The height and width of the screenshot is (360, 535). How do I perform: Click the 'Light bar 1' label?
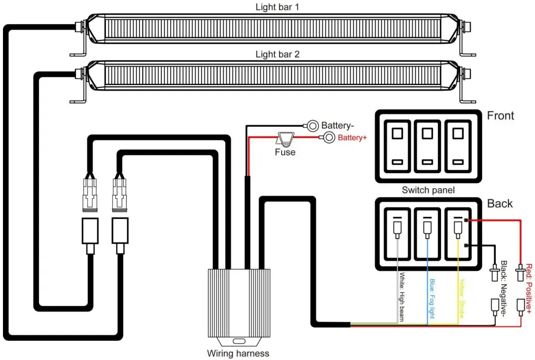click(x=277, y=7)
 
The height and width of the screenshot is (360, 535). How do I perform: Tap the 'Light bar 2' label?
click(x=277, y=54)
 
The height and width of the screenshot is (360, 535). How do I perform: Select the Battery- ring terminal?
click(x=312, y=126)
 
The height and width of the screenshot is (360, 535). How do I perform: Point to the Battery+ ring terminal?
click(x=328, y=138)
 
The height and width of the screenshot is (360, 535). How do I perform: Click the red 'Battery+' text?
click(x=352, y=138)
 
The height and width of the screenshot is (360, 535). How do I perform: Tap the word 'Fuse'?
click(x=285, y=152)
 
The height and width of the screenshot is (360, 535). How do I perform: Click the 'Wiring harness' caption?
click(x=238, y=354)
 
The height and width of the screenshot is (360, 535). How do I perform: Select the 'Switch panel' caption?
click(x=428, y=190)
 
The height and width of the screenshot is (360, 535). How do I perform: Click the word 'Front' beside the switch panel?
click(x=500, y=116)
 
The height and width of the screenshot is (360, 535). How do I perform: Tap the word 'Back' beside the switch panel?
click(x=500, y=204)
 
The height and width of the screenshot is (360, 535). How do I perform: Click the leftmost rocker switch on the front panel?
click(x=397, y=147)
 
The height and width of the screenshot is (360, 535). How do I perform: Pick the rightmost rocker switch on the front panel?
click(x=458, y=147)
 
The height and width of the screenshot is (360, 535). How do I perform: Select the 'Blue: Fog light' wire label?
click(x=432, y=299)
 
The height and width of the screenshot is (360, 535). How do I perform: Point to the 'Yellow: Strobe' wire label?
click(x=462, y=299)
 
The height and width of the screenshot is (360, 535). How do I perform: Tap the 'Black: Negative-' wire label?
click(x=504, y=288)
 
